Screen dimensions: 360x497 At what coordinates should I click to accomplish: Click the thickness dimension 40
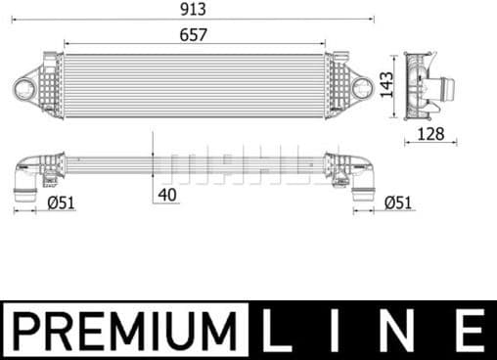[x=166, y=193]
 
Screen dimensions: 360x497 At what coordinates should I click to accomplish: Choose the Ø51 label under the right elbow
[x=396, y=202]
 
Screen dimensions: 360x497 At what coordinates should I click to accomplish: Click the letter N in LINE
[x=402, y=331]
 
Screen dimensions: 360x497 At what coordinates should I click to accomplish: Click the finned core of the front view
[x=195, y=85]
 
